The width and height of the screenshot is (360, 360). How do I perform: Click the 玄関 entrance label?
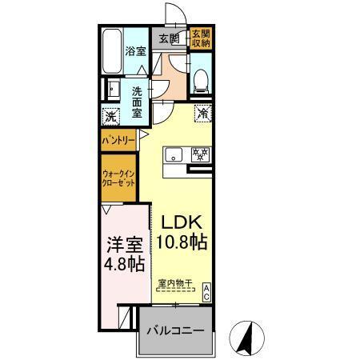click(168, 38)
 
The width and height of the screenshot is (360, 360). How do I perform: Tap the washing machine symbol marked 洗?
click(111, 116)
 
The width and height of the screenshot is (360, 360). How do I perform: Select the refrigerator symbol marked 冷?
click(203, 113)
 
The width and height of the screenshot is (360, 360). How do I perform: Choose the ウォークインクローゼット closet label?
click(116, 177)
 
